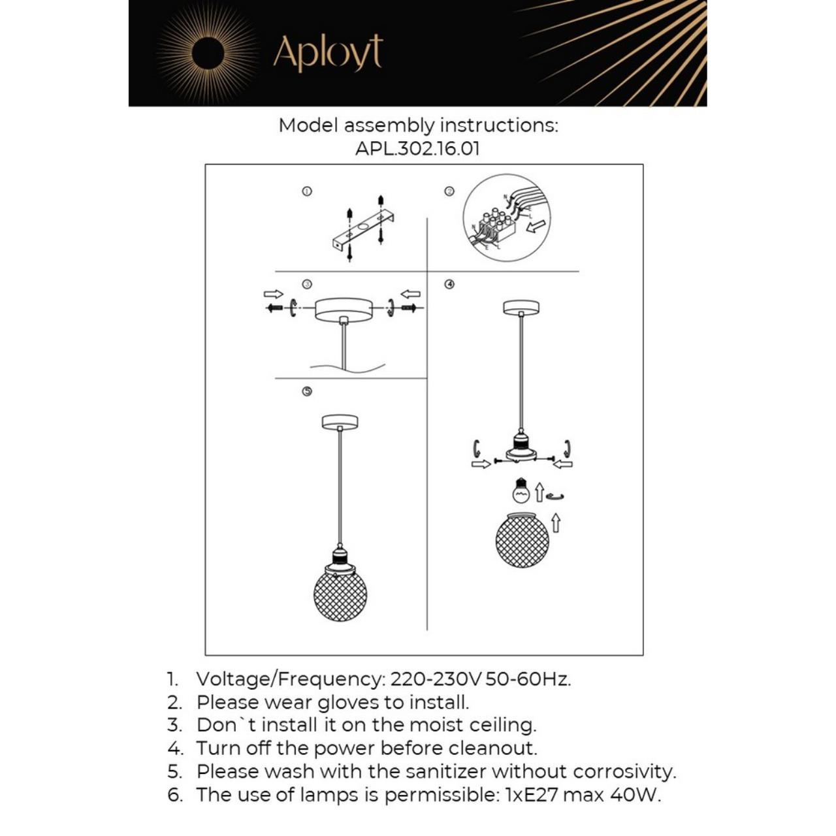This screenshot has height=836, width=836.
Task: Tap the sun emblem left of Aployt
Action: pos(208,54)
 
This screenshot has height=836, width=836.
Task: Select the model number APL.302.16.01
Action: pos(417,148)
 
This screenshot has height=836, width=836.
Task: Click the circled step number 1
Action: pos(306,191)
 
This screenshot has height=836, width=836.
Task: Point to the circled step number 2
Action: pos(449,191)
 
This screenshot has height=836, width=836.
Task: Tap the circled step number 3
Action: pos(306,284)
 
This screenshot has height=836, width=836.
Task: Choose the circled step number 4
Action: pos(449,284)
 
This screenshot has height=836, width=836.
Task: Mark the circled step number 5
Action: pos(306,391)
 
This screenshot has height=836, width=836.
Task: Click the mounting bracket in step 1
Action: pos(363,231)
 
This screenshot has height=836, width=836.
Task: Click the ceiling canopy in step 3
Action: pos(343,309)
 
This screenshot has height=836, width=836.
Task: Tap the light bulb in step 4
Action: pos(521,490)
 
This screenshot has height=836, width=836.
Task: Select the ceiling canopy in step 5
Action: pos(340,422)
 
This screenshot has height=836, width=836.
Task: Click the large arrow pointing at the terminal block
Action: pos(536,227)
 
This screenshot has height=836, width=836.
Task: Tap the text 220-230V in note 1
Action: pos(436,679)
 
